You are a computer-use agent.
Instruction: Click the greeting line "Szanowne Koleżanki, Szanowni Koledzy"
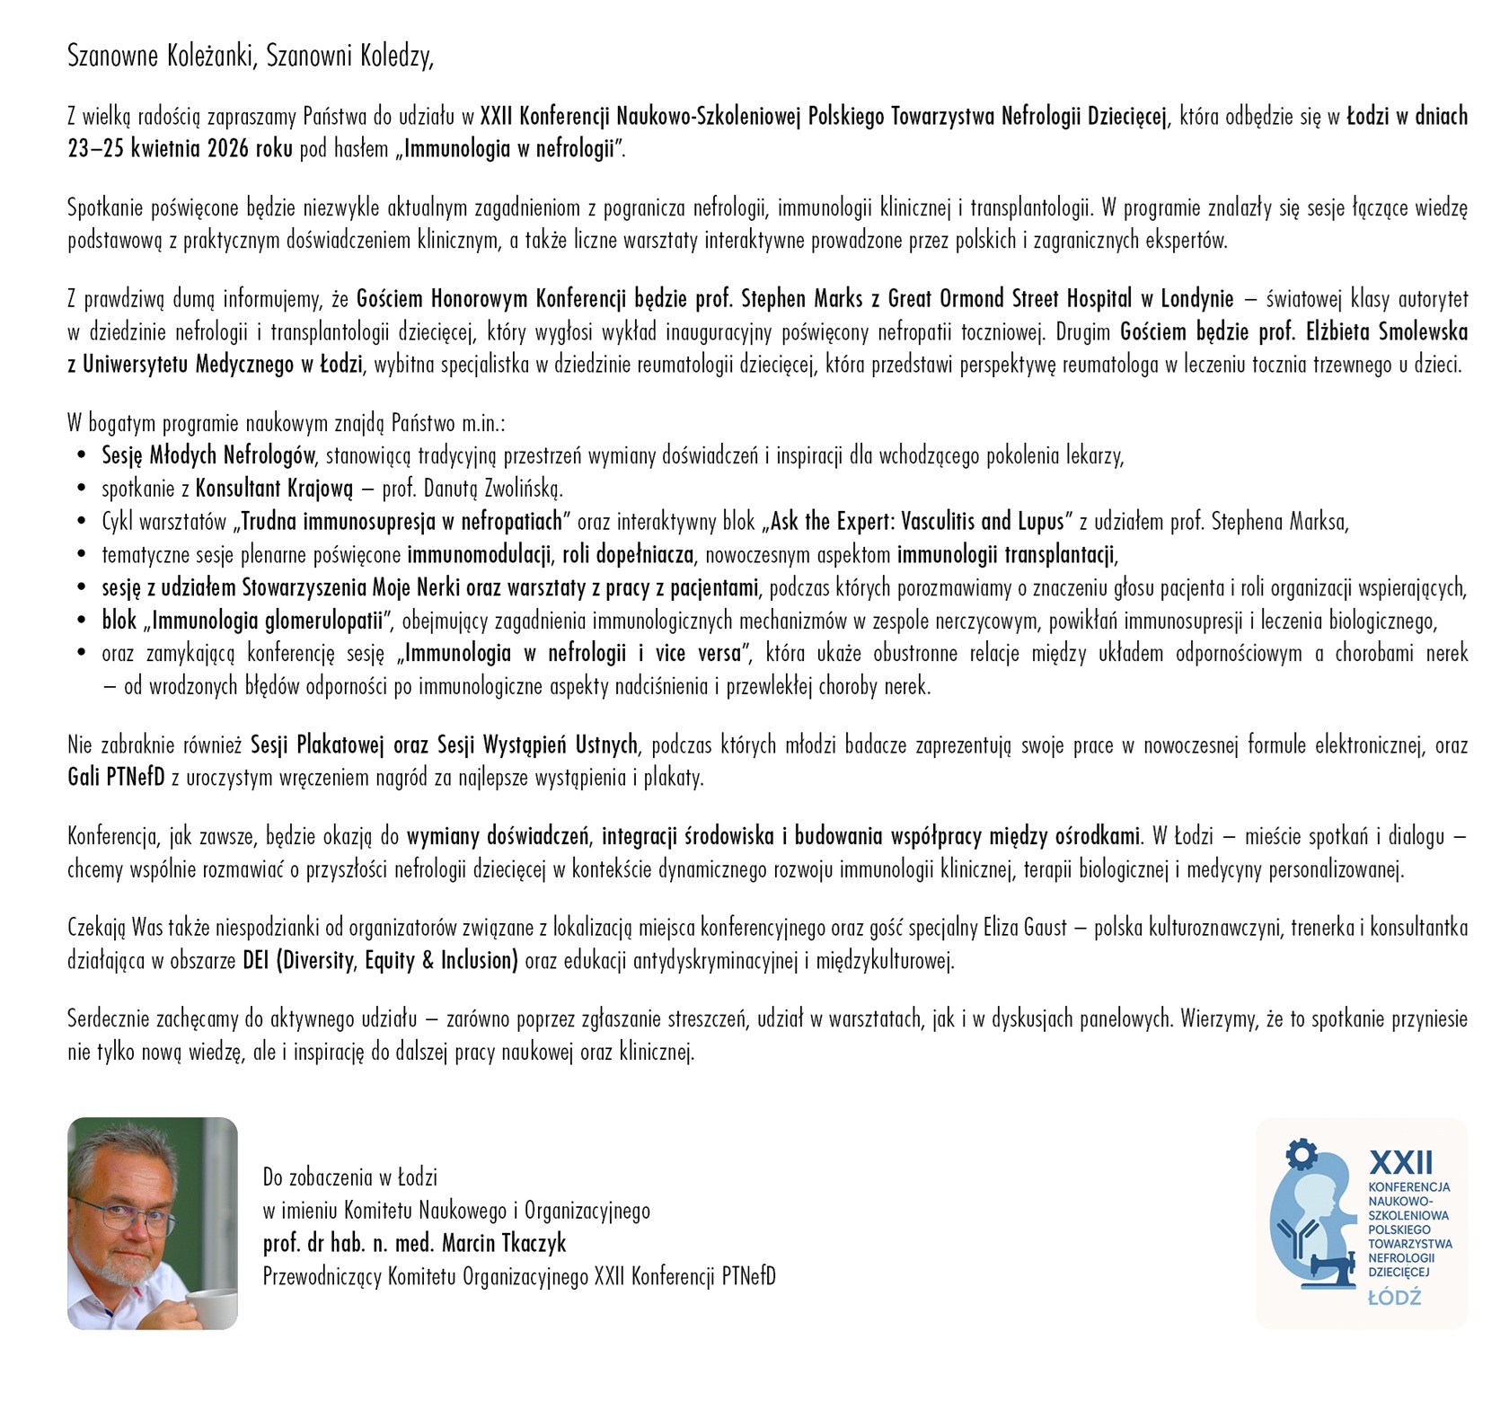(251, 57)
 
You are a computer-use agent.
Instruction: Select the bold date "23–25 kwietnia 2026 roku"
(180, 149)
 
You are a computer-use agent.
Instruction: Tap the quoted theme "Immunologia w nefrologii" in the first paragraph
(508, 149)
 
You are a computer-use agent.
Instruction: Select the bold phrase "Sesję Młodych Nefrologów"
(208, 455)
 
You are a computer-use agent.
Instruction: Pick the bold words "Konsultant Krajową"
(274, 489)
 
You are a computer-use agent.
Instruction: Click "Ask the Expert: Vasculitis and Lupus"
(917, 522)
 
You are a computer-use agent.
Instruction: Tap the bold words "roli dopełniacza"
(628, 555)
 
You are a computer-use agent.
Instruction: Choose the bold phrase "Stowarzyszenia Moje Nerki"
(352, 588)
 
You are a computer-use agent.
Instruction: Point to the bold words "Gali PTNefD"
(116, 778)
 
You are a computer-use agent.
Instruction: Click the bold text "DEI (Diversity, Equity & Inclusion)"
(380, 961)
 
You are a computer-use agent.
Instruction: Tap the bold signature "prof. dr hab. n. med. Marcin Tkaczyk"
(414, 1243)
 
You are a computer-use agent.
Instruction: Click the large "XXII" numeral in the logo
(1400, 1163)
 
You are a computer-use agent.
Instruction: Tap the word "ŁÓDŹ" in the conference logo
(1394, 1297)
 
